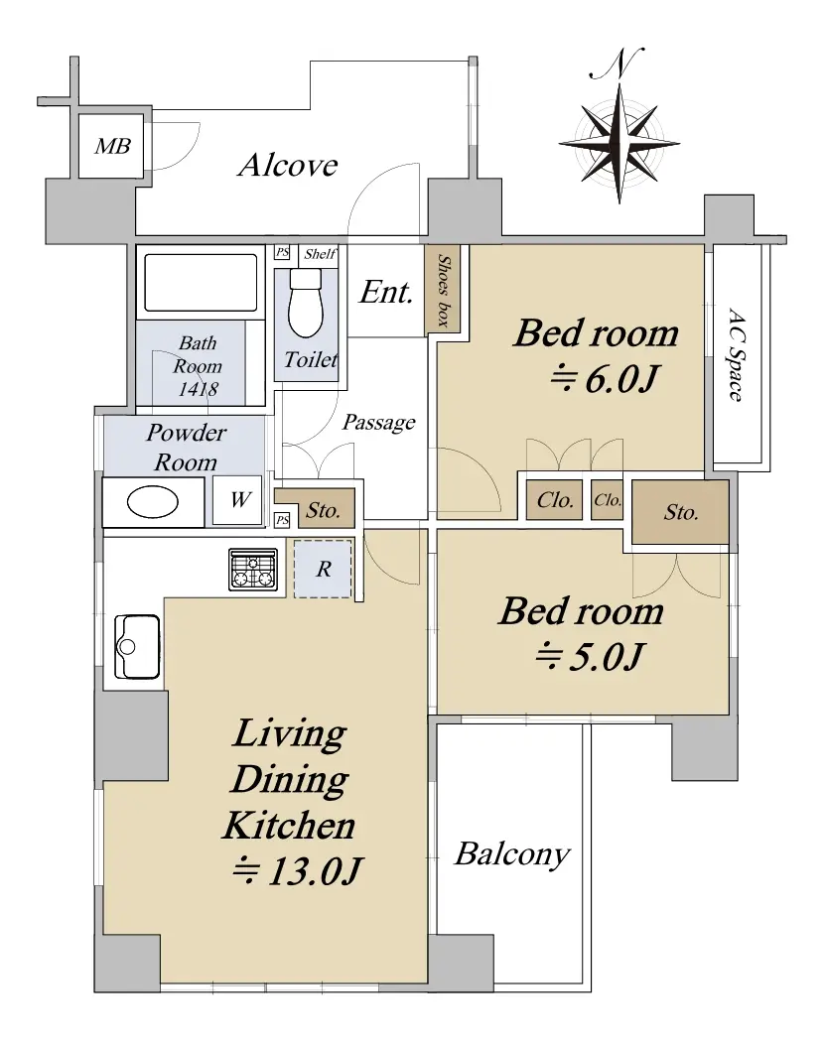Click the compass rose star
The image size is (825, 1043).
click(x=619, y=144)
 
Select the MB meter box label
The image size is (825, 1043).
click(x=112, y=146)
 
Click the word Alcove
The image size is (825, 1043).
click(x=288, y=165)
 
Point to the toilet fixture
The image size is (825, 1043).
click(x=306, y=304)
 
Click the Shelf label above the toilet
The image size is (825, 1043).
click(x=320, y=253)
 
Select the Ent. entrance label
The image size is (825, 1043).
click(x=386, y=292)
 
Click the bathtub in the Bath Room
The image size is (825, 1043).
click(x=201, y=282)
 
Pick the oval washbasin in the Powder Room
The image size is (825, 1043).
click(x=153, y=502)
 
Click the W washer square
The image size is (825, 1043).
click(x=237, y=500)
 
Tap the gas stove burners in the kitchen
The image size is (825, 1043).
click(x=253, y=570)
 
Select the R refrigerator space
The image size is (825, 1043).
click(x=324, y=569)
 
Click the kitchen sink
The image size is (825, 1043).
click(x=137, y=647)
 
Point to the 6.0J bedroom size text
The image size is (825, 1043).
click(x=605, y=378)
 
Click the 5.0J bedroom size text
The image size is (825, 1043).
click(x=590, y=657)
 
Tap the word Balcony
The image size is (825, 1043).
click(x=512, y=854)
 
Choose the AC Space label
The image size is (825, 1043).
click(x=736, y=354)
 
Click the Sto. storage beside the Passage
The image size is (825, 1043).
click(x=324, y=510)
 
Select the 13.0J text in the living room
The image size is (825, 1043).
click(x=297, y=870)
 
